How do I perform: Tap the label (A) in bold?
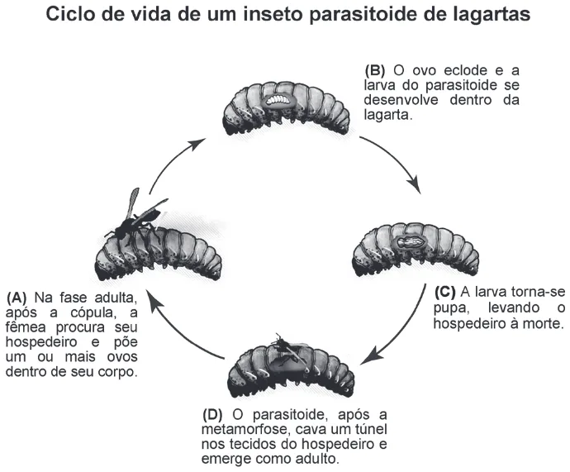(17, 298)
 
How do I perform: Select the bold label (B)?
(375, 70)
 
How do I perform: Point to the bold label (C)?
(445, 292)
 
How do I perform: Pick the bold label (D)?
(212, 414)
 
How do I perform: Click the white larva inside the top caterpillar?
(278, 100)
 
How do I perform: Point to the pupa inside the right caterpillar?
(410, 241)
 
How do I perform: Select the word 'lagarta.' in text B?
(388, 115)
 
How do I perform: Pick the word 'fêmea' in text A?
(26, 327)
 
